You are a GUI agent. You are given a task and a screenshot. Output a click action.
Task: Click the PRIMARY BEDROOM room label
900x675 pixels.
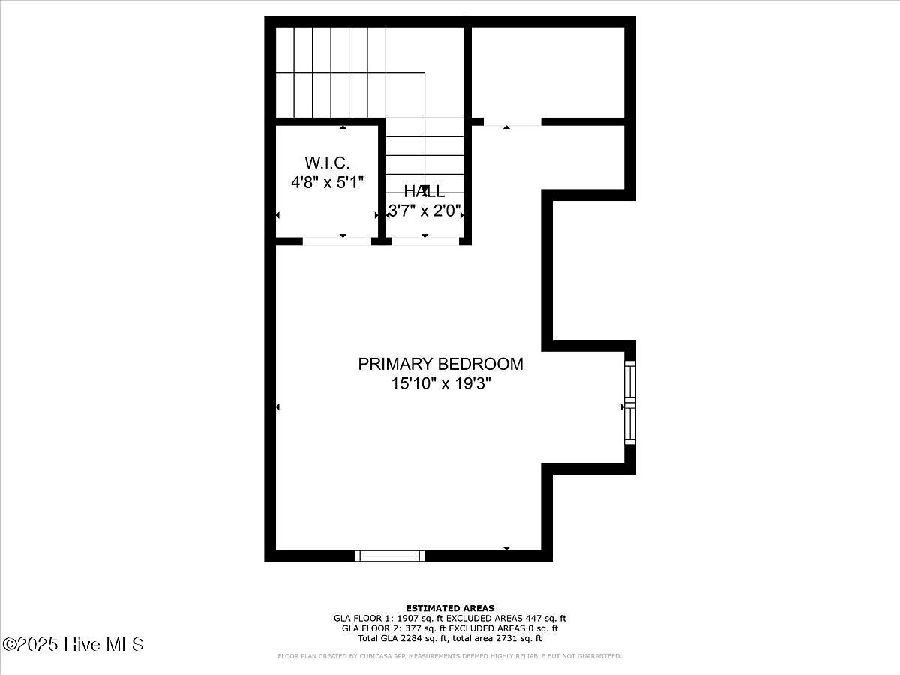coord(440,364)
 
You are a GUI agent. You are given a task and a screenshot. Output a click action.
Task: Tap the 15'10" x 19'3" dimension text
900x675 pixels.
coord(440,384)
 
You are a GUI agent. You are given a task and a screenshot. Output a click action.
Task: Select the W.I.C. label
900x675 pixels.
coord(327,163)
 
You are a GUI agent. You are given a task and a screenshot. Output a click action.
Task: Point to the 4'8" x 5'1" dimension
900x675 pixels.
coord(327,182)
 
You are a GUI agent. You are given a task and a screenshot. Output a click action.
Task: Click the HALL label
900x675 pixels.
coord(424,192)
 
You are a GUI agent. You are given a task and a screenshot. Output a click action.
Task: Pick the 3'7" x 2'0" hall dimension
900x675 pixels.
coord(424,211)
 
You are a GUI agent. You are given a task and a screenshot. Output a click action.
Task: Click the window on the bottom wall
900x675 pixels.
coord(389,556)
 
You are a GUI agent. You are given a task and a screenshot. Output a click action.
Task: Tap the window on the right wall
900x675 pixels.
coord(630,403)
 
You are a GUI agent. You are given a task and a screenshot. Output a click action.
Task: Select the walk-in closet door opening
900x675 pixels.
coord(337,241)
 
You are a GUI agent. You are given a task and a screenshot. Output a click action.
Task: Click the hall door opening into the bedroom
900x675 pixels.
coord(425,241)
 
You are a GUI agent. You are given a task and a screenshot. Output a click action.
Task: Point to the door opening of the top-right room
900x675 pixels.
coord(511,122)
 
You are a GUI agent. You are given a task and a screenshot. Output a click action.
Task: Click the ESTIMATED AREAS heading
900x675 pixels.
coord(450,608)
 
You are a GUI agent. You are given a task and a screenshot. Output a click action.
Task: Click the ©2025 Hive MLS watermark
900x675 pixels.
coord(73,644)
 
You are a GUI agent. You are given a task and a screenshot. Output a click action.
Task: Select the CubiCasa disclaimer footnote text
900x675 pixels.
coord(450,656)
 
